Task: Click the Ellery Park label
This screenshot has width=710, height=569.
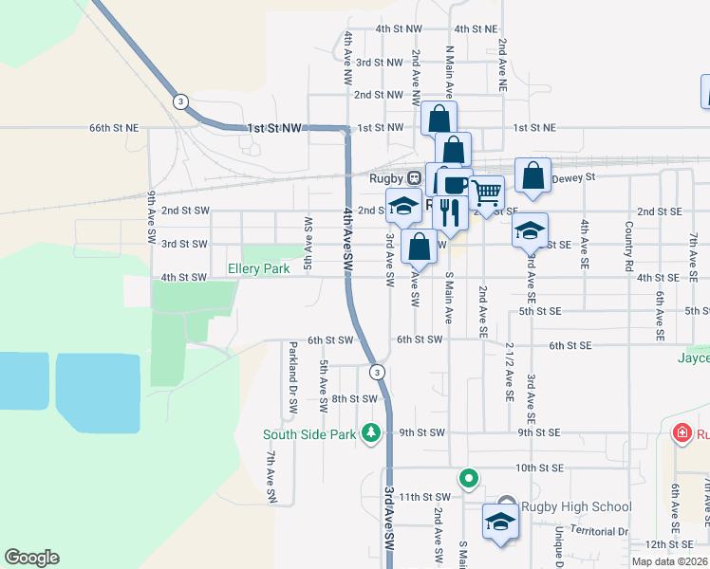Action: [258, 269]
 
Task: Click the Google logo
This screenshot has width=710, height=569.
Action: [31, 558]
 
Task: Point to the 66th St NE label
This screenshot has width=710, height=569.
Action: [114, 127]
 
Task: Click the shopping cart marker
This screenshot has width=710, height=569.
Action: [487, 193]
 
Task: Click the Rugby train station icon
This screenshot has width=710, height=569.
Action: [414, 177]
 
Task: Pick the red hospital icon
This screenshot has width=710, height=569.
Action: [681, 434]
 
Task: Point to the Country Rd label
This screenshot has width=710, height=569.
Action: [628, 245]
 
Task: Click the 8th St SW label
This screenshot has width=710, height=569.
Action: [355, 399]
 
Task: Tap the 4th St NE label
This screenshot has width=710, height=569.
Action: [476, 29]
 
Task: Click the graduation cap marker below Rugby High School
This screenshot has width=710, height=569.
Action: [501, 521]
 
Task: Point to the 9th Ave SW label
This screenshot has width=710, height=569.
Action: [151, 217]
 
